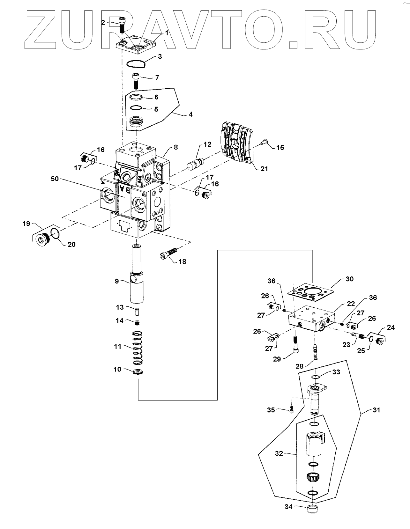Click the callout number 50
pos(55,179)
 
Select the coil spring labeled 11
pos(137,349)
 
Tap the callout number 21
pos(264,169)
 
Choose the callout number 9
pos(117,281)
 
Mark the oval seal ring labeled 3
pos(136,63)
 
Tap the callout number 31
pos(376,410)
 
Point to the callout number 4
pos(190,114)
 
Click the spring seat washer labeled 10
pos(137,372)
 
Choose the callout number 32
pos(279,453)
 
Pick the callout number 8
pos(176,147)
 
